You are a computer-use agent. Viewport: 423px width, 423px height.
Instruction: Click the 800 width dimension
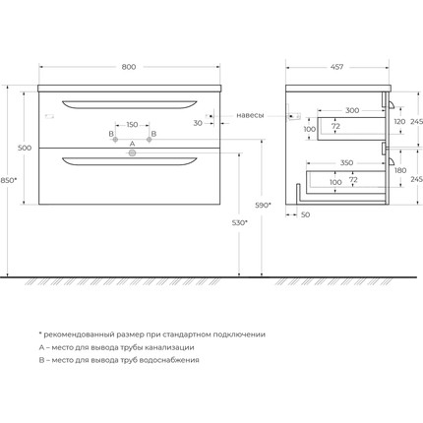click(x=129, y=67)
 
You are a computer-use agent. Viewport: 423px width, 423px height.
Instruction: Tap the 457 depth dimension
click(x=336, y=67)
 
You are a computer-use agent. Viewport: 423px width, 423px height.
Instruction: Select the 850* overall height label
click(x=8, y=180)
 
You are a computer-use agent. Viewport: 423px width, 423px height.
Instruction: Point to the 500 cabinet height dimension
click(x=25, y=148)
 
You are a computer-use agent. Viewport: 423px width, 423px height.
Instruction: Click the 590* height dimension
click(x=264, y=206)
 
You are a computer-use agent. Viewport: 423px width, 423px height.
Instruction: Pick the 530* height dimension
click(x=240, y=223)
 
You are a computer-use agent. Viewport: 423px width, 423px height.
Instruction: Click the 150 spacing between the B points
click(x=132, y=125)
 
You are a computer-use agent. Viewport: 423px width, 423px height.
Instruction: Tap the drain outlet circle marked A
click(x=132, y=152)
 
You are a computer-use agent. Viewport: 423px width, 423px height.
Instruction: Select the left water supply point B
click(x=115, y=140)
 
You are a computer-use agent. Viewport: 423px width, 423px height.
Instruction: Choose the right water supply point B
click(x=150, y=140)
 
